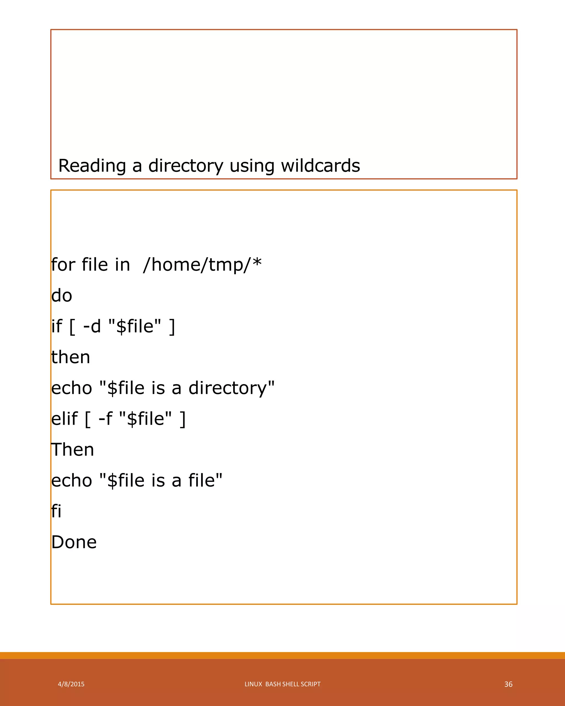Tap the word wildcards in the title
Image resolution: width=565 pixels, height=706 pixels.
tap(320, 166)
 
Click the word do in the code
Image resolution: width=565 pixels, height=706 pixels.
tap(62, 296)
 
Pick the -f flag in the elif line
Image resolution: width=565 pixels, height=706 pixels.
tap(105, 419)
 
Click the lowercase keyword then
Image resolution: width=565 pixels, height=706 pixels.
tap(71, 357)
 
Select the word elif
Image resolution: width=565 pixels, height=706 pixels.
tap(65, 419)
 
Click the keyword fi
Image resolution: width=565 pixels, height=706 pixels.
tap(56, 511)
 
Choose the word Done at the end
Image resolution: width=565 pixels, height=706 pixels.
tap(74, 542)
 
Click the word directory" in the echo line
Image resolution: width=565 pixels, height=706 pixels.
tap(231, 388)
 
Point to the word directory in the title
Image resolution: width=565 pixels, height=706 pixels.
tap(186, 166)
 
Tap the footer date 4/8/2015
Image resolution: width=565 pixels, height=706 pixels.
tap(71, 684)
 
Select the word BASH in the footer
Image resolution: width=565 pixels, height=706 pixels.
tap(273, 684)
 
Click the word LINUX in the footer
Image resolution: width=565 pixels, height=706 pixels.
tap(254, 684)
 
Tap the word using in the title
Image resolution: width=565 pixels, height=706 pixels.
tap(252, 166)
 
